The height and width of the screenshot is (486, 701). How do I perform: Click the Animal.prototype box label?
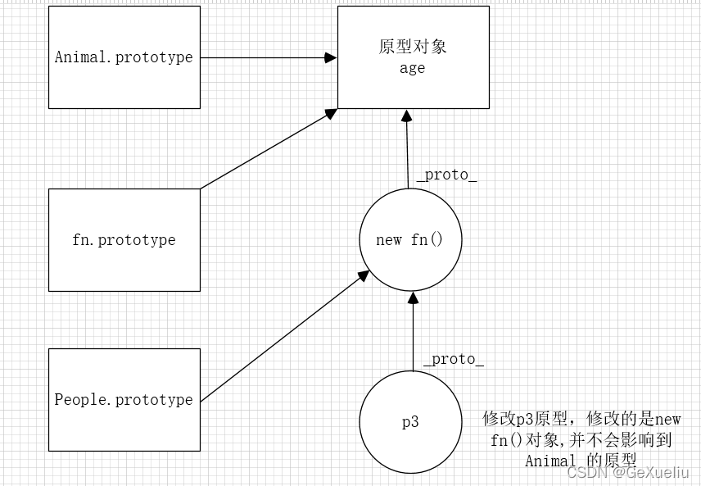point(124,57)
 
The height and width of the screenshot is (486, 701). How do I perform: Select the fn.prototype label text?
point(124,240)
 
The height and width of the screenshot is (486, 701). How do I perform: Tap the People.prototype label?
point(124,400)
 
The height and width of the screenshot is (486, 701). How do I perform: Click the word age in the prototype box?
point(412,68)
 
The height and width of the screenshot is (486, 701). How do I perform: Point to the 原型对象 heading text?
point(413,47)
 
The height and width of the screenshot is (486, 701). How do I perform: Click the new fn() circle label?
point(409,240)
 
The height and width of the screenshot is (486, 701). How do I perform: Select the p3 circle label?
point(410,423)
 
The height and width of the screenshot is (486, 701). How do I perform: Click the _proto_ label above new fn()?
point(446,175)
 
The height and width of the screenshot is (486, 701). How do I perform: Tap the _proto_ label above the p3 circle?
point(454,360)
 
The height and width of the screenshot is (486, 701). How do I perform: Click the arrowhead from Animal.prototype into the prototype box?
point(332,57)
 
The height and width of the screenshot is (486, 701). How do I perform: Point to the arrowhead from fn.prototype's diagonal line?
point(332,112)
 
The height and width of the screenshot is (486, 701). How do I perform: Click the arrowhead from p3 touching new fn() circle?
point(413,297)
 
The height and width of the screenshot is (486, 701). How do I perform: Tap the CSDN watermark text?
point(585,473)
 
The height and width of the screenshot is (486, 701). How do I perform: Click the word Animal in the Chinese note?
point(551,461)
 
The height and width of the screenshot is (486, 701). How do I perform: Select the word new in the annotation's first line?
point(667,420)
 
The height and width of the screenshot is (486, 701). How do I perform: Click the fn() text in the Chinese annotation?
point(506,440)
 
